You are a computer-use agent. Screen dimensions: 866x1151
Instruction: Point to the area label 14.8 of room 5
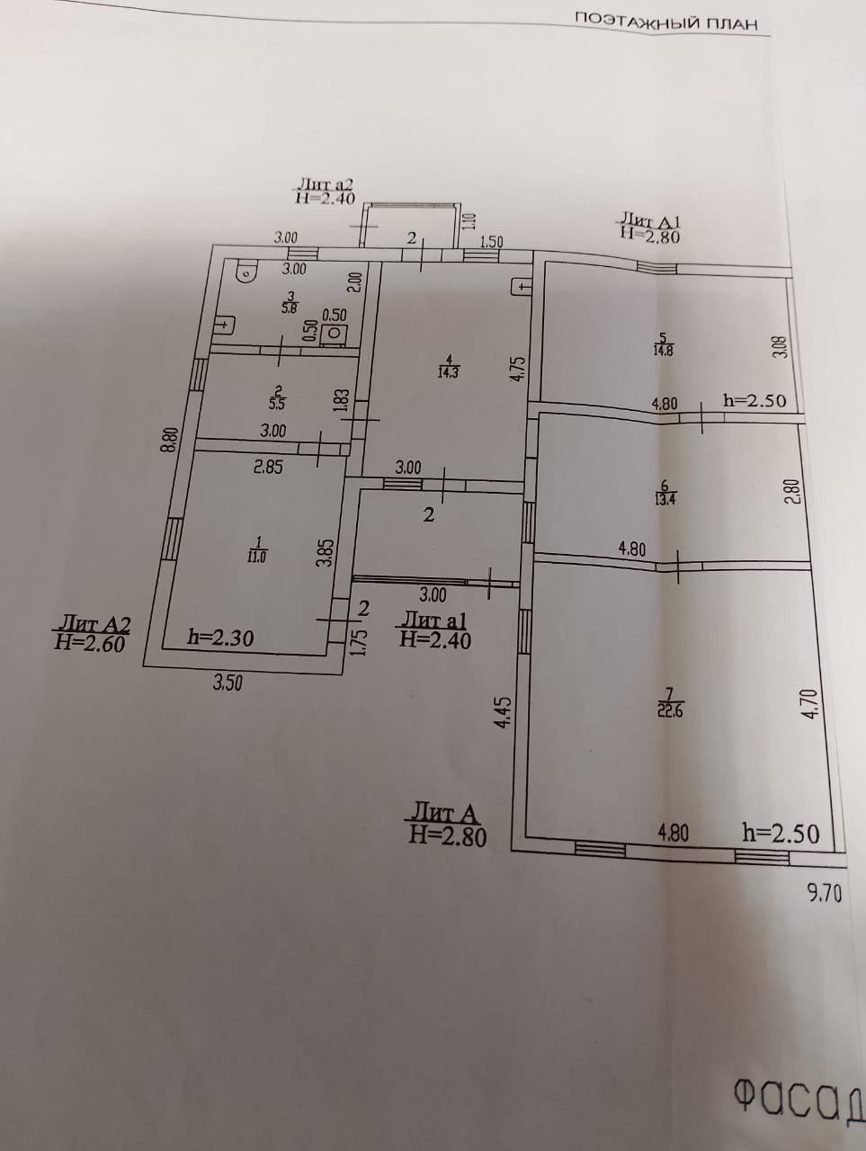(663, 350)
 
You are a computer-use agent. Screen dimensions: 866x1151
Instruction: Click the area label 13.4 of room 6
(666, 500)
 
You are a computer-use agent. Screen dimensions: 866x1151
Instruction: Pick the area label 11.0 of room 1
(258, 556)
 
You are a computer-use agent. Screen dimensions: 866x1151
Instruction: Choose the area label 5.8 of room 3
(290, 308)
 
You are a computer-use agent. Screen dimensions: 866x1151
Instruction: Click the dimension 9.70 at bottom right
(824, 893)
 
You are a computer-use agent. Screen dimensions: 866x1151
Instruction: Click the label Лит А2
(94, 622)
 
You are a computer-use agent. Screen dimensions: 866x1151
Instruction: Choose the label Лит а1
(433, 620)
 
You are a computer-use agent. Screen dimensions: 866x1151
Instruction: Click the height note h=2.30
(219, 638)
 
